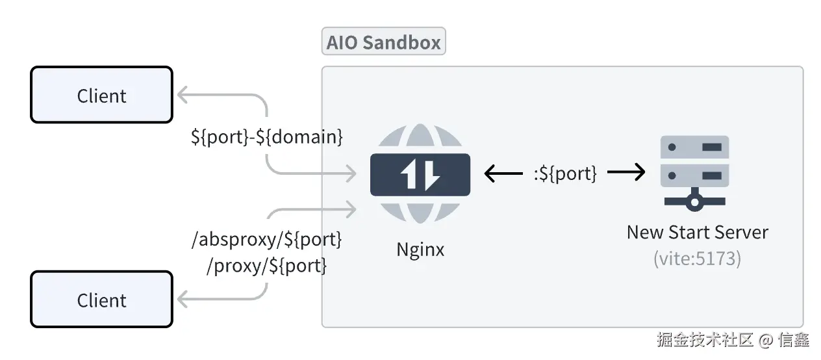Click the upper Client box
pyautogui.click(x=101, y=95)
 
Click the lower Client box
pyautogui.click(x=101, y=300)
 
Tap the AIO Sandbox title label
pyautogui.click(x=383, y=42)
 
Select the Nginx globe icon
pyautogui.click(x=420, y=174)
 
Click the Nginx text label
pyautogui.click(x=420, y=250)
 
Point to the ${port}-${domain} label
pyautogui.click(x=267, y=137)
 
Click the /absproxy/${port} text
pyautogui.click(x=267, y=239)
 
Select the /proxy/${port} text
pyautogui.click(x=266, y=265)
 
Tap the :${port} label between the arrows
pyautogui.click(x=565, y=173)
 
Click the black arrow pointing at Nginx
pyautogui.click(x=503, y=173)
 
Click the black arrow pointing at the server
pyautogui.click(x=626, y=172)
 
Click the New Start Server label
pyautogui.click(x=697, y=232)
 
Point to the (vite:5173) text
pyautogui.click(x=697, y=258)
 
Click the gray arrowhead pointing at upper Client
pyautogui.click(x=183, y=95)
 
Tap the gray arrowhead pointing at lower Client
pyautogui.click(x=183, y=300)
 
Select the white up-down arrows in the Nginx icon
pyautogui.click(x=420, y=174)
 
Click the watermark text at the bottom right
pyautogui.click(x=733, y=340)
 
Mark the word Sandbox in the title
pyautogui.click(x=401, y=42)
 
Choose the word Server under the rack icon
pyautogui.click(x=741, y=232)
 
